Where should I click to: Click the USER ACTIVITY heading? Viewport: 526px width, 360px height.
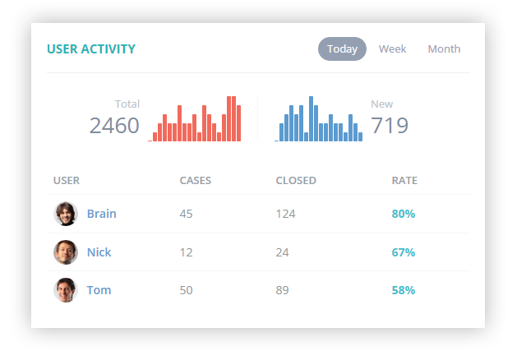(91, 49)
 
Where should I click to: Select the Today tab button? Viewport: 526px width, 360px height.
(342, 49)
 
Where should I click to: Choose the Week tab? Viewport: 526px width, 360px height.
(392, 49)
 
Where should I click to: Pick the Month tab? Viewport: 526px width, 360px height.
(444, 49)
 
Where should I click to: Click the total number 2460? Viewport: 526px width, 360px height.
(114, 126)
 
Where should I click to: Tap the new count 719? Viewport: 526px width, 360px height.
(390, 126)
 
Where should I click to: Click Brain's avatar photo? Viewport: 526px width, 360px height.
(66, 214)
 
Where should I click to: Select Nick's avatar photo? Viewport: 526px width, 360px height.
(66, 252)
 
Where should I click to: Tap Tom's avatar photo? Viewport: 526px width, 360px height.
(66, 290)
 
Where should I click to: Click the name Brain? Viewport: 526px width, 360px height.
(102, 214)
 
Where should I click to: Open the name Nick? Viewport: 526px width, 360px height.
(99, 252)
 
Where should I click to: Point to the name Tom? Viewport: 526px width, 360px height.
(99, 290)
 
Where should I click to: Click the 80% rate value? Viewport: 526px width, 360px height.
(404, 214)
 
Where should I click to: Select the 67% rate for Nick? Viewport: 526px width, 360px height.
(404, 252)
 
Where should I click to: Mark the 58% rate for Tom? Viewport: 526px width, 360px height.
(404, 290)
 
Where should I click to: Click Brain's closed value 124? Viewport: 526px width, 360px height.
(286, 214)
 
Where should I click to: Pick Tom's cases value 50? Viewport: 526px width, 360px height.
(186, 290)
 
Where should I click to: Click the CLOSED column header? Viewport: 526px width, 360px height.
(296, 181)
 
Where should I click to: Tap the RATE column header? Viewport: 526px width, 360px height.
(404, 181)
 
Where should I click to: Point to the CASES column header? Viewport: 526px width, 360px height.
(196, 181)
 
